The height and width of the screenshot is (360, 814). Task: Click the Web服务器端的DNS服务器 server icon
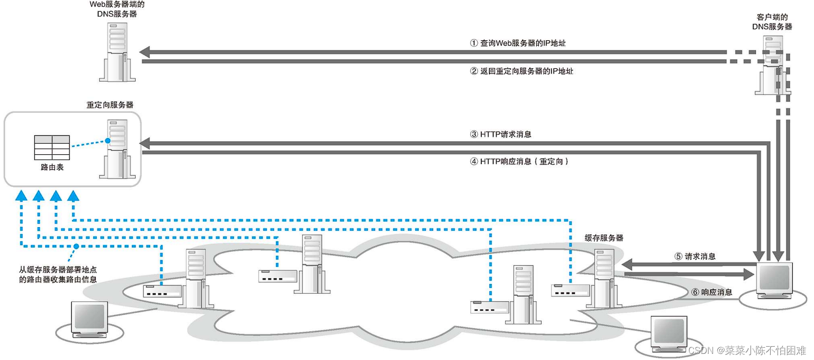pyautogui.click(x=117, y=52)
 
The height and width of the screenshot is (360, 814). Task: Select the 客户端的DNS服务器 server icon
pyautogui.click(x=772, y=65)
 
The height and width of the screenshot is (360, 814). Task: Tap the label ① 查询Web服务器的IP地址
pyautogui.click(x=518, y=43)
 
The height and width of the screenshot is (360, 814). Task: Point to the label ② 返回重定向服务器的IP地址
pyautogui.click(x=521, y=71)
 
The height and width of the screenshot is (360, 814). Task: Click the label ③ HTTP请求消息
pyautogui.click(x=500, y=134)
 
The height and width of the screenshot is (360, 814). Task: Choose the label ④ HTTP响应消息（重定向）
pyautogui.click(x=519, y=161)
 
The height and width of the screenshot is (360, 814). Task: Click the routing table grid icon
pyautogui.click(x=52, y=148)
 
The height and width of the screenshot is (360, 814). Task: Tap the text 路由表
pyautogui.click(x=52, y=167)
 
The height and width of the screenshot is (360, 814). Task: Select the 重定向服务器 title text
pyautogui.click(x=110, y=105)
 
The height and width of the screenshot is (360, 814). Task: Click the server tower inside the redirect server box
pyautogui.click(x=117, y=149)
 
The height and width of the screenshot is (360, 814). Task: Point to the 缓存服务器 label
pyautogui.click(x=604, y=238)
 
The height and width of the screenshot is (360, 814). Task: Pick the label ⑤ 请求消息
pyautogui.click(x=695, y=256)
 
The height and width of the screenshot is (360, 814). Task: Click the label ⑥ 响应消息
pyautogui.click(x=712, y=292)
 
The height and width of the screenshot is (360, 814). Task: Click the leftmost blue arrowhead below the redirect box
pyautogui.click(x=21, y=196)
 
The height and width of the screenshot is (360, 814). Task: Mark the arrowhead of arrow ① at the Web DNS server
pyautogui.click(x=145, y=52)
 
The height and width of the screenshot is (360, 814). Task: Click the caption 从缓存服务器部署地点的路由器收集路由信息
pyautogui.click(x=58, y=274)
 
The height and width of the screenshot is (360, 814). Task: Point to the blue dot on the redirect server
pyautogui.click(x=108, y=141)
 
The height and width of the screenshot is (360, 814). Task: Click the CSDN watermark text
pyautogui.click(x=747, y=350)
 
